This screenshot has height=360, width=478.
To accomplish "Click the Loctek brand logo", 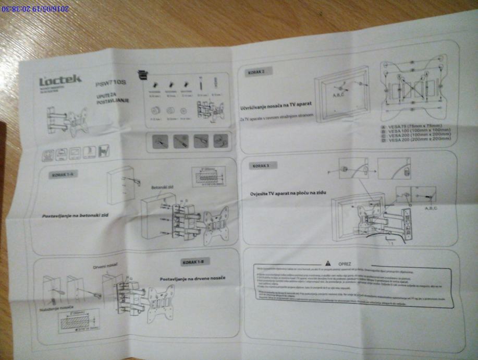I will pos(60,80).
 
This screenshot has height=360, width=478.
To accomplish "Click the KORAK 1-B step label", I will pos(195,260).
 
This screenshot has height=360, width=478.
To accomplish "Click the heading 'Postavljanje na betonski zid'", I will pos(78,215).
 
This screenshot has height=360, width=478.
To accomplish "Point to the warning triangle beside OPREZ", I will pos(328,262).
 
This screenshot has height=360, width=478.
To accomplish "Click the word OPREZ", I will pos(345,262).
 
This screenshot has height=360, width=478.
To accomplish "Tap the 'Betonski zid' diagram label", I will pos(162,187).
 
